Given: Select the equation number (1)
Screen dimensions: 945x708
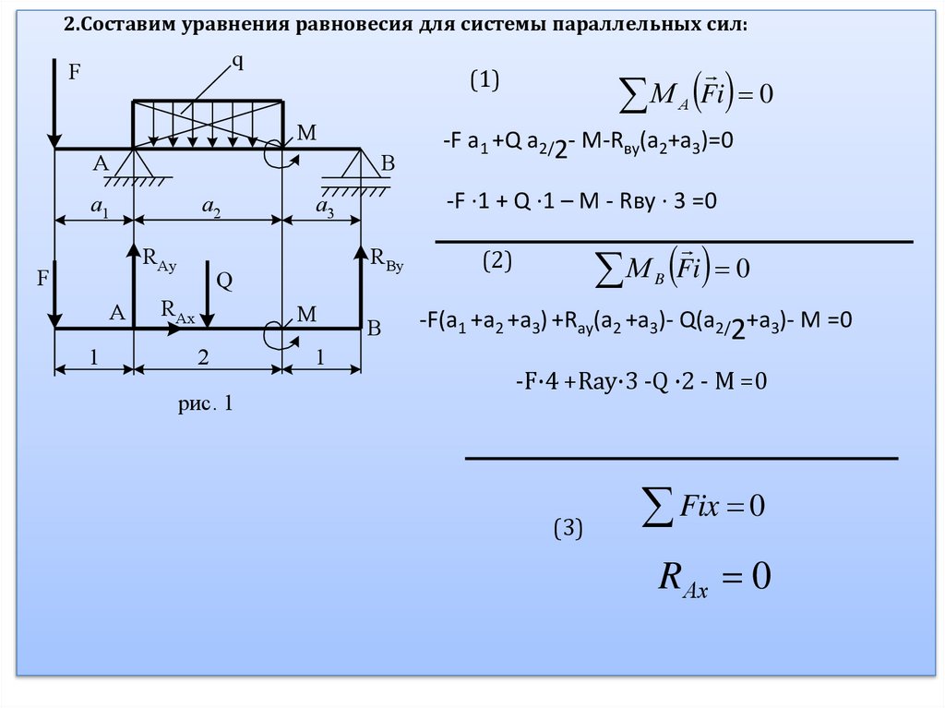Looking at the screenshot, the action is point(485,81).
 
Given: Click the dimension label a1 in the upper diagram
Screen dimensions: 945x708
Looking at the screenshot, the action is point(100,210).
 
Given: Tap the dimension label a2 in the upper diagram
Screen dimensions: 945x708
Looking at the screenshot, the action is point(211,210).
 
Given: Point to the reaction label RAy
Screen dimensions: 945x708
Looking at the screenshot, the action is point(158,259).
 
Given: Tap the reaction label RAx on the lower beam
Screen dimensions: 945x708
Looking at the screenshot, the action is point(177,310).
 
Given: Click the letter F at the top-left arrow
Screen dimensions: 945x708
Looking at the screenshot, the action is point(75,68).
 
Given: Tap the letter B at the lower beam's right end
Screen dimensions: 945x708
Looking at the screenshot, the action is point(373,328).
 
